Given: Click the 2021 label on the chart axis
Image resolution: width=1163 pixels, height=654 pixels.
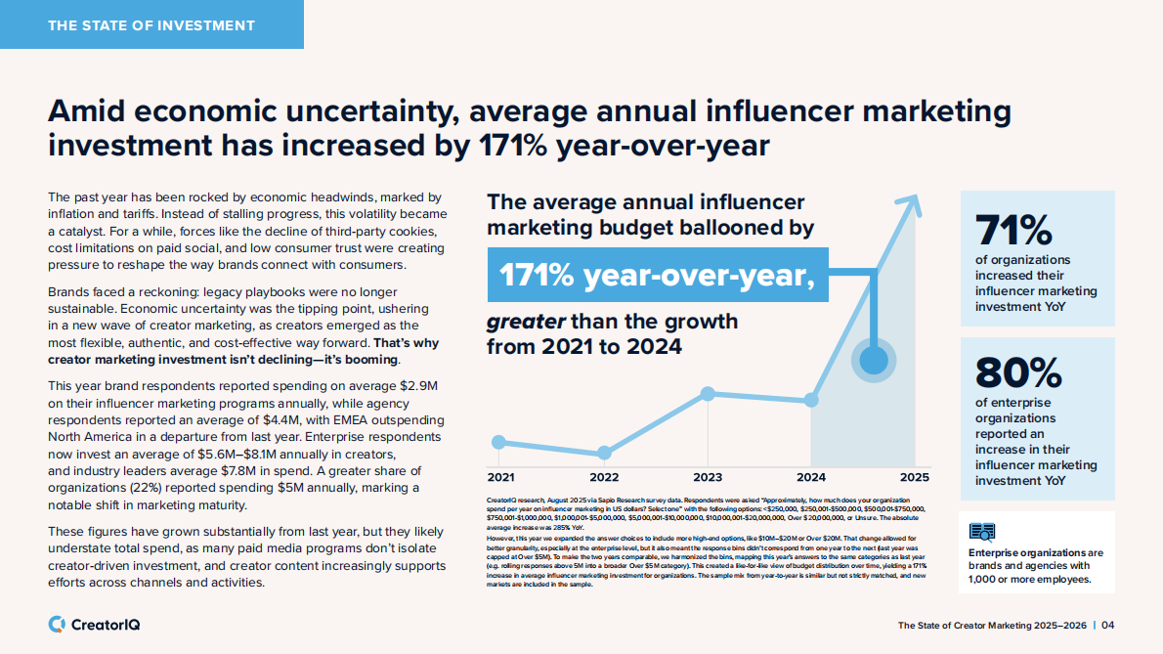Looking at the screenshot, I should point(500,477).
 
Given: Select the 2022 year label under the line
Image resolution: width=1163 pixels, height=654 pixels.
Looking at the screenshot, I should point(604,477).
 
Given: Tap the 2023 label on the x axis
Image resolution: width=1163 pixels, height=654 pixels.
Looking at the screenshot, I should point(708,477).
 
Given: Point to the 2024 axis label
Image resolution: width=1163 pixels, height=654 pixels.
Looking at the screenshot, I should point(811,477).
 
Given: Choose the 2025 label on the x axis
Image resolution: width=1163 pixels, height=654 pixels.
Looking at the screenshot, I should point(914,477).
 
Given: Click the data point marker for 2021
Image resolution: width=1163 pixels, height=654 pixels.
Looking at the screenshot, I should point(499,442).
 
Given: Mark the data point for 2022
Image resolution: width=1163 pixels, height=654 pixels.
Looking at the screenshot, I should point(604,453).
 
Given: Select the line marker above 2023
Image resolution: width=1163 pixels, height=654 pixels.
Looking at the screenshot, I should point(708,394).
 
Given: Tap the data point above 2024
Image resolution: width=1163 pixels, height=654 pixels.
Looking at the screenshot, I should point(811,400).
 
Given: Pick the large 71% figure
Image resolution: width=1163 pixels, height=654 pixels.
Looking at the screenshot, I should point(1012,231).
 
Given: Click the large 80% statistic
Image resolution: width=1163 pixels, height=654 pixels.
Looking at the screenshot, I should point(1017,372).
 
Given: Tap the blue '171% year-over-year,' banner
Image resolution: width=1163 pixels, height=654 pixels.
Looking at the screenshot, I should point(657,275).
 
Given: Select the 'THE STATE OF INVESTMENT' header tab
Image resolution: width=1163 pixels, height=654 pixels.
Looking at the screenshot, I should point(151,24).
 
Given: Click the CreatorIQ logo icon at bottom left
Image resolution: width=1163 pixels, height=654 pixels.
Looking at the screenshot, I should point(57,624).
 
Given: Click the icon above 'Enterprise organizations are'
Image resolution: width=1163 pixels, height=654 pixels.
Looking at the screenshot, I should point(981,531).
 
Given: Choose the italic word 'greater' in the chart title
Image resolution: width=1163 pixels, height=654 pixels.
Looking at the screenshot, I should point(525,322).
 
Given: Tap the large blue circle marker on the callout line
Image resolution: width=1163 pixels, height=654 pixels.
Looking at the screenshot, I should point(874,360).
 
